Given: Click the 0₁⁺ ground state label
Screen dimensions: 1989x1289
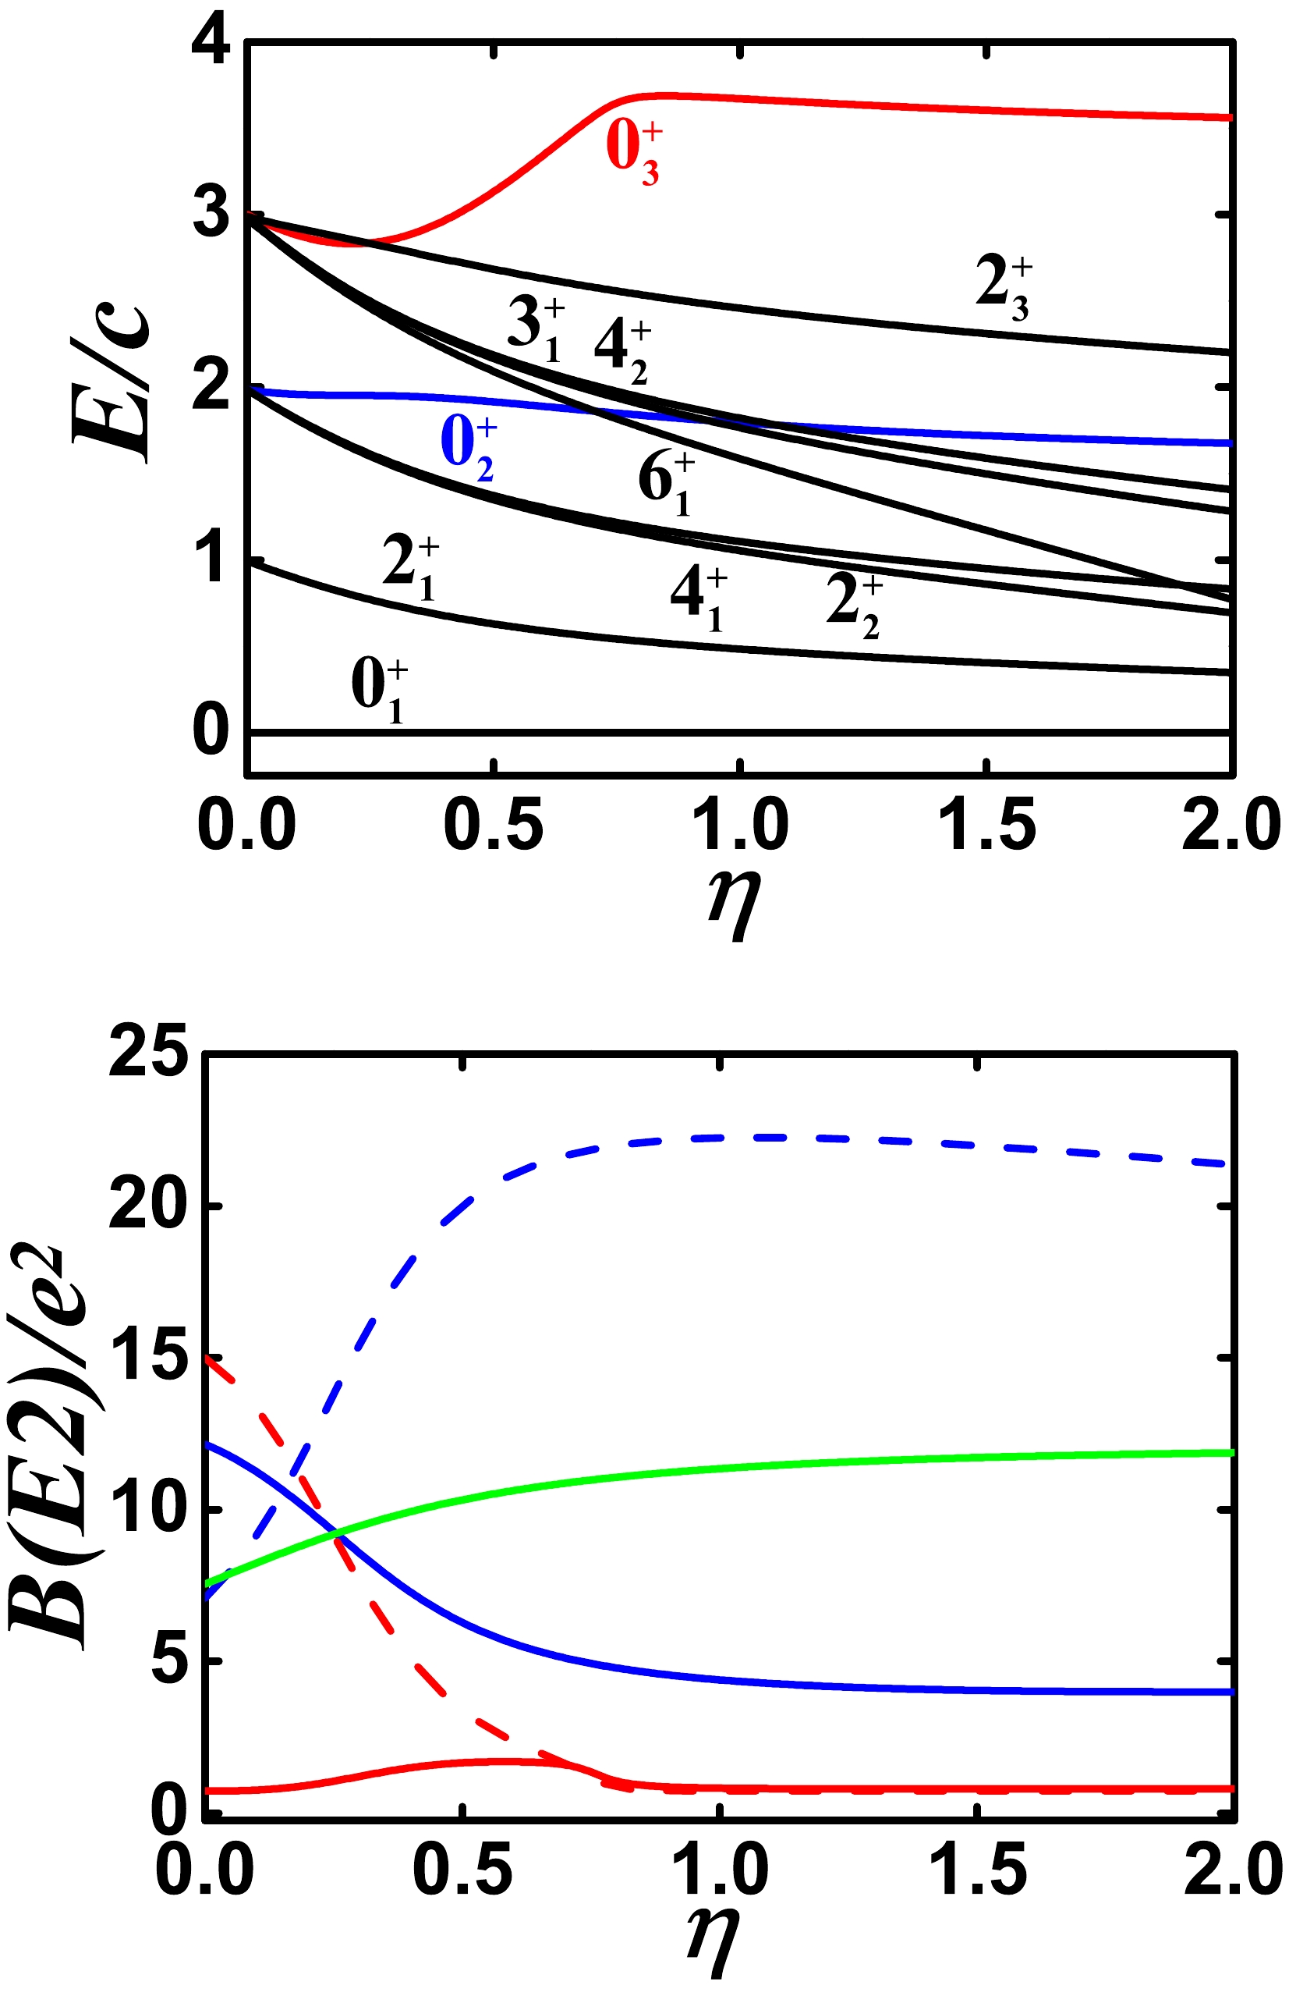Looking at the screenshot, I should (379, 691).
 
